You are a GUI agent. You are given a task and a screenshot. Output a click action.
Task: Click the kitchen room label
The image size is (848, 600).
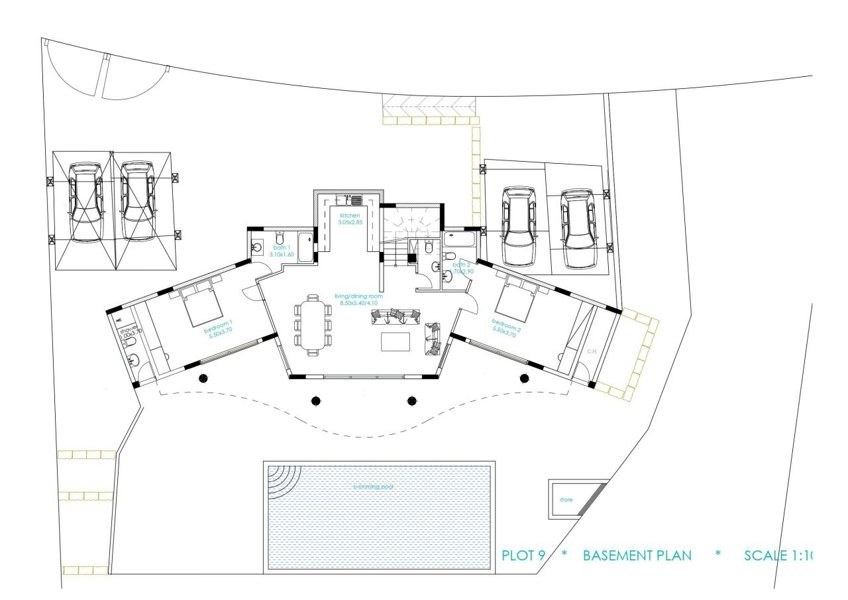(349, 216)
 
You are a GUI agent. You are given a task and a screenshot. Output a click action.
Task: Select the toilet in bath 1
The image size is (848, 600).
(279, 237)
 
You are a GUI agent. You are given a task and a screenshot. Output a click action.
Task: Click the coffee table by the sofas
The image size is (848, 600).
(396, 341)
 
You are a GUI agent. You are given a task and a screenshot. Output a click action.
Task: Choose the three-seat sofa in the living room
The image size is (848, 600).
(395, 316)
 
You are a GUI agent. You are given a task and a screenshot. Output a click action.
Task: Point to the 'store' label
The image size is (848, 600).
(566, 499)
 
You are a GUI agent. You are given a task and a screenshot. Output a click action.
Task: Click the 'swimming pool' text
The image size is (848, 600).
(373, 487)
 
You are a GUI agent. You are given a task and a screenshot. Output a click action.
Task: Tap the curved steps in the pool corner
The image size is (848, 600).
(282, 480)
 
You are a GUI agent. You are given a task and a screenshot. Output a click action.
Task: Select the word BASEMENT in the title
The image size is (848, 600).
(637, 556)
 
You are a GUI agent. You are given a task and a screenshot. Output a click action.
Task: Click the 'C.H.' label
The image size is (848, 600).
(592, 351)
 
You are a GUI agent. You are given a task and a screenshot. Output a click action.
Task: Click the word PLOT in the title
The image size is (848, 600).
(518, 556)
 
